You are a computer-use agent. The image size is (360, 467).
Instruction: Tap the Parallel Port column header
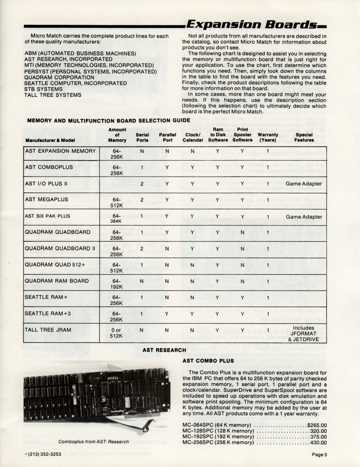tap(167, 137)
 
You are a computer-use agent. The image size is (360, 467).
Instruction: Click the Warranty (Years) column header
tap(268, 137)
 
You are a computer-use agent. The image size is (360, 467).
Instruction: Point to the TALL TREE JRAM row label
tap(48, 330)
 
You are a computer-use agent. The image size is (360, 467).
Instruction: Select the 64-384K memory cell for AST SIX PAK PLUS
tap(117, 219)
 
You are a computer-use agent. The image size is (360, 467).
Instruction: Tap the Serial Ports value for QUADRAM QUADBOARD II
tap(142, 249)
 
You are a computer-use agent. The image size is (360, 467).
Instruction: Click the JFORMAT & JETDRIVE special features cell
tap(304, 334)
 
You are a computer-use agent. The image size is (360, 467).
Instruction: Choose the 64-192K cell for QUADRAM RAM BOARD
tap(117, 284)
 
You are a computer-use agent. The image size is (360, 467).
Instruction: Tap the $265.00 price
tap(317, 424)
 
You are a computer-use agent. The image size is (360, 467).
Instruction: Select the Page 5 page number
tap(319, 454)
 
